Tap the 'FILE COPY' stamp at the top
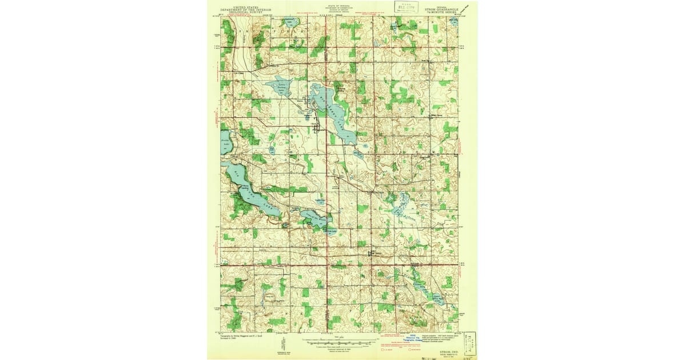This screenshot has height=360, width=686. point(405,6)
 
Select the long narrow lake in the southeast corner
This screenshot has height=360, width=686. point(426,289)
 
